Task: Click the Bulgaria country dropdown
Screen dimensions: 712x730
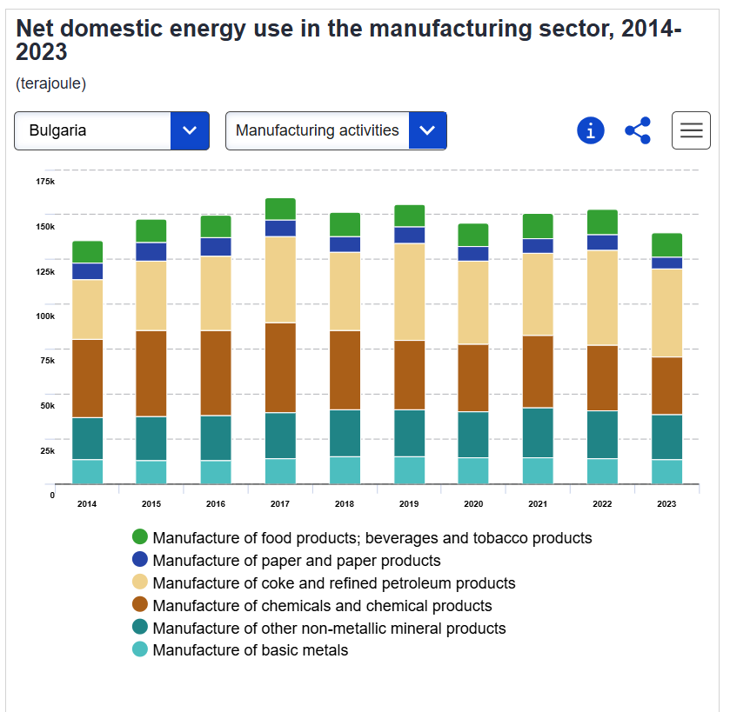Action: pos(111,130)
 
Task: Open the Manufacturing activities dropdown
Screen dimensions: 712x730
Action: pos(336,130)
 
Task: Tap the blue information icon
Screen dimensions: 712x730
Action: pos(590,130)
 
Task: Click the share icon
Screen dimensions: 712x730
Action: pos(638,130)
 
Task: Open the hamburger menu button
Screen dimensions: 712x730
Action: pos(691,130)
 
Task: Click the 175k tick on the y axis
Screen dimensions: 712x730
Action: pos(45,181)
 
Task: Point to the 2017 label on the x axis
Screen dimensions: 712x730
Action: pos(280,503)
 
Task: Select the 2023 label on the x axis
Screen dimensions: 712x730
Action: pos(666,503)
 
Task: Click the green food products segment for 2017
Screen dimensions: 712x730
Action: pos(280,209)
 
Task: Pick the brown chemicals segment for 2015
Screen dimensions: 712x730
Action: pos(151,373)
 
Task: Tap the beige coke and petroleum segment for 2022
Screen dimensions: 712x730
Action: pos(602,297)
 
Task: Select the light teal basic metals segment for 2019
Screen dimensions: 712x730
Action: pos(409,470)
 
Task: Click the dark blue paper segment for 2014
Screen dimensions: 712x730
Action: pos(87,271)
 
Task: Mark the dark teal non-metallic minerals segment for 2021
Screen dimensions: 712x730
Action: pos(538,432)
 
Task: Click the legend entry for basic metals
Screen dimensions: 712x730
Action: pos(250,650)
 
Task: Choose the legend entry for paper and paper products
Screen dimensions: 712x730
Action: pos(296,561)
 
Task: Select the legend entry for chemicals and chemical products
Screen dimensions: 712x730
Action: pos(322,606)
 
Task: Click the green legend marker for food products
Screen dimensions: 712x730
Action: pos(139,537)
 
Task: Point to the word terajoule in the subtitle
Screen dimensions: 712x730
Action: pos(50,83)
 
